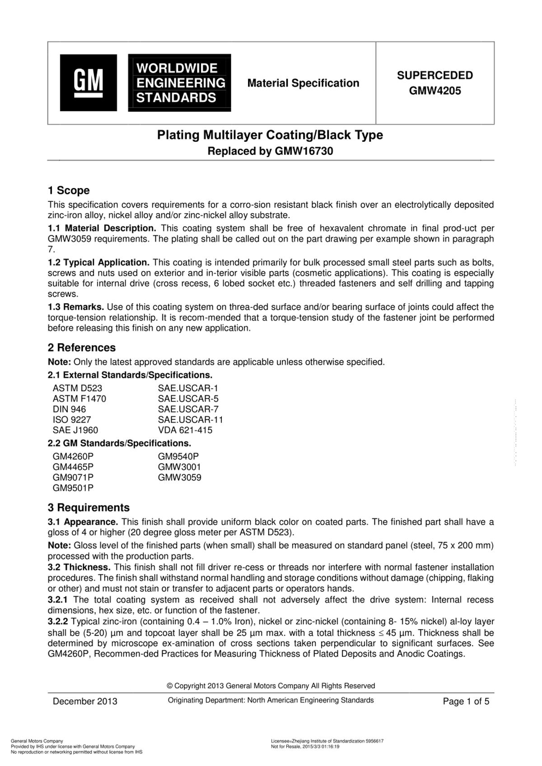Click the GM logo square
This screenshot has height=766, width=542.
pos(89,83)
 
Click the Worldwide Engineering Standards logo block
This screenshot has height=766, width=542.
pos(179,83)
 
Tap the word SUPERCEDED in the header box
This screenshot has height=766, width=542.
pos(435,75)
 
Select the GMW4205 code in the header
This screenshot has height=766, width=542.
pos(435,91)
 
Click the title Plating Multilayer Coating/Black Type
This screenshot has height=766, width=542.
pos(270,135)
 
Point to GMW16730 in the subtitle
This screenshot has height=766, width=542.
pos(304,151)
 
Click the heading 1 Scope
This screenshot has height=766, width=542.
pos(69,190)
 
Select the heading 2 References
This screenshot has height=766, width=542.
pos(82,348)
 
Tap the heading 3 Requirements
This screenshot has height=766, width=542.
pos(89,507)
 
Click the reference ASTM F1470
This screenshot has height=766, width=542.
pos(79,399)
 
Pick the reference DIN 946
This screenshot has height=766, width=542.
pos(69,409)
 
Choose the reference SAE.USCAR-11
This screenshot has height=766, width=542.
pos(190,420)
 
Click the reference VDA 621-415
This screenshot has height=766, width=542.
pos(185,430)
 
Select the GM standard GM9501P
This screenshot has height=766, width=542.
pos(73,488)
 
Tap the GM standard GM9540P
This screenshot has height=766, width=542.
pos(178,456)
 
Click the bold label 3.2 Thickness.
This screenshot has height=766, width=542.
pos(79,567)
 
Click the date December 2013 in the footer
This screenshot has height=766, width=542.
pos(85,701)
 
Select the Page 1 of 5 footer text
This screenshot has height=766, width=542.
pos(466,701)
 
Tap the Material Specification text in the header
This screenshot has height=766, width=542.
pos(303,83)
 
